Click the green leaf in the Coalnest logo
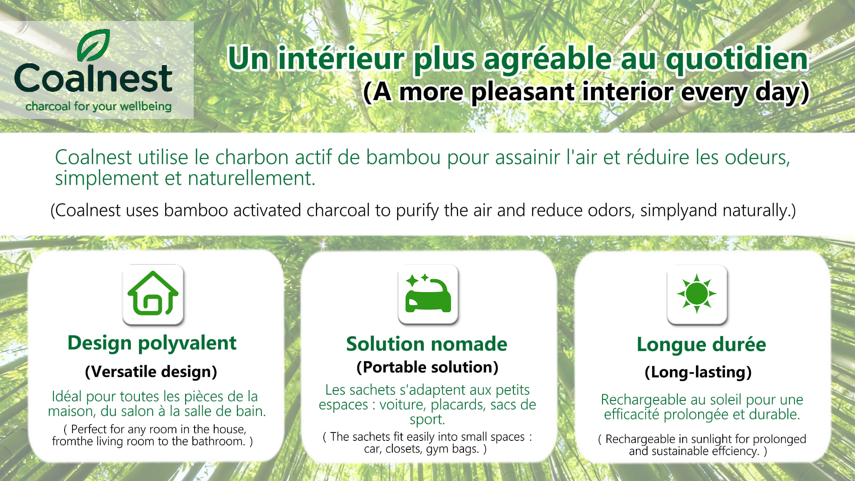(x=94, y=45)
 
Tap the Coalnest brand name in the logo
(x=94, y=78)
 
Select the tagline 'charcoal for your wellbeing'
(x=98, y=106)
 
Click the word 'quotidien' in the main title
(x=737, y=59)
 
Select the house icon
(x=153, y=294)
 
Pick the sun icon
(x=697, y=294)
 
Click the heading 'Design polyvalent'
(x=152, y=343)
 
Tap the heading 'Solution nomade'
(x=427, y=344)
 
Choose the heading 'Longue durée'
(x=701, y=345)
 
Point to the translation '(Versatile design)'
(x=151, y=372)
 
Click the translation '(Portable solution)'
(x=427, y=367)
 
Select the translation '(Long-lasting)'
(x=698, y=372)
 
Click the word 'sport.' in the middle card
(x=427, y=420)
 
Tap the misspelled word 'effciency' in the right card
(x=735, y=451)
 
